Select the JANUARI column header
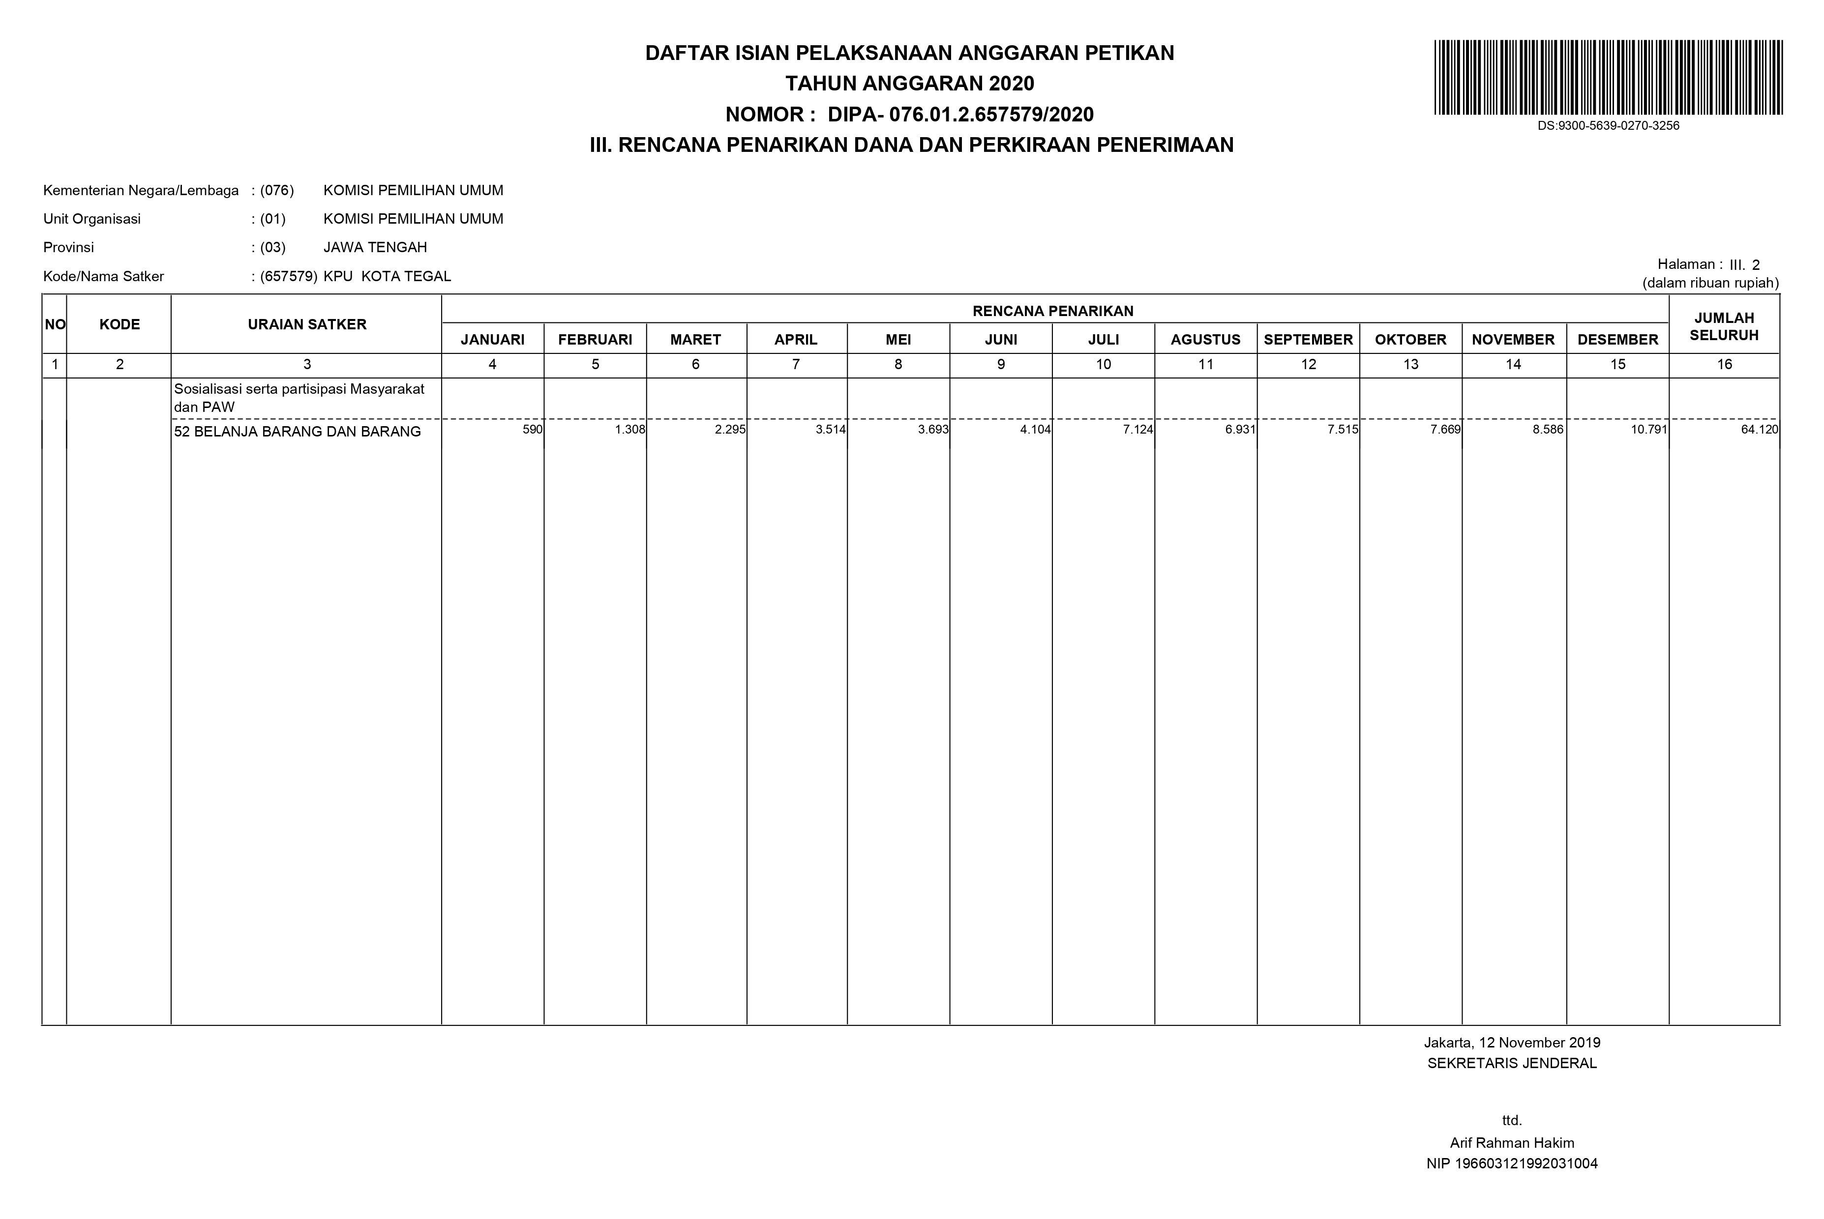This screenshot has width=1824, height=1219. click(x=492, y=340)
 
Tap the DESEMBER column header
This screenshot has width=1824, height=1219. click(x=1617, y=340)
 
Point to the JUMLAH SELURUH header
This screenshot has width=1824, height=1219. click(x=1724, y=326)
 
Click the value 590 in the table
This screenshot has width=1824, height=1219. click(x=532, y=429)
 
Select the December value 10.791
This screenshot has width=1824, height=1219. click(x=1649, y=429)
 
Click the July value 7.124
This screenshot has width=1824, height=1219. click(x=1137, y=429)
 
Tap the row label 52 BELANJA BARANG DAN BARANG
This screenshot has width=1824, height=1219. click(x=297, y=432)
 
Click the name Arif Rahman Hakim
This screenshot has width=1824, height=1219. click(x=1511, y=1143)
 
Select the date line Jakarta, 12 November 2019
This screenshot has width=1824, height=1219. click(x=1511, y=1043)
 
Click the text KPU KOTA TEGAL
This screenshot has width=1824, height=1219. click(x=387, y=276)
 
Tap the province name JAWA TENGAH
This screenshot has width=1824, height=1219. click(x=375, y=247)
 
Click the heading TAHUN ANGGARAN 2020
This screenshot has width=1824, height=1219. click(x=909, y=83)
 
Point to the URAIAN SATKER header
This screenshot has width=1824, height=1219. click(x=306, y=324)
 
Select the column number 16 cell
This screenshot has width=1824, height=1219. click(x=1724, y=364)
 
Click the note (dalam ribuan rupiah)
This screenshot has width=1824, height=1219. click(x=1709, y=283)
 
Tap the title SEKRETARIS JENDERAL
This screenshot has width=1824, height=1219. click(x=1511, y=1064)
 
